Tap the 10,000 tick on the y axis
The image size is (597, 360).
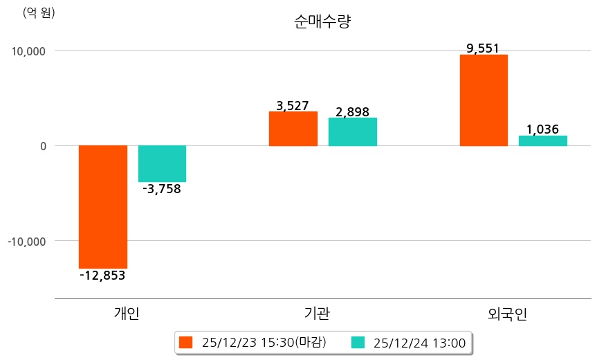[x=26, y=51]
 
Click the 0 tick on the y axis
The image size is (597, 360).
[x=42, y=146]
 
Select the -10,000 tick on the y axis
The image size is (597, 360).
[x=25, y=241]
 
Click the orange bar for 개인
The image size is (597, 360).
[x=102, y=206]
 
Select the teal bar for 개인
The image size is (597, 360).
[x=162, y=163]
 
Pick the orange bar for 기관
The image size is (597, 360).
[x=293, y=129]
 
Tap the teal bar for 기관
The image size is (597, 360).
[x=352, y=132]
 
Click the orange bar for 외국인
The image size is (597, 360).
[x=484, y=100]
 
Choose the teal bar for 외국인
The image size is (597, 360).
[x=543, y=141]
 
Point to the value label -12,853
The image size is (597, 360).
[x=102, y=276]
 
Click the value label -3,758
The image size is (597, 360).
[x=161, y=189]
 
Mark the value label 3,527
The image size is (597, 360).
[x=292, y=106]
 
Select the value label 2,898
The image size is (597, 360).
[x=352, y=111]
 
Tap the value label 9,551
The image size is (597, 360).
[x=483, y=48]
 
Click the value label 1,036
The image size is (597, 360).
[x=542, y=129]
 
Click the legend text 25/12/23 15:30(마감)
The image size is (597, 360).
[x=264, y=342]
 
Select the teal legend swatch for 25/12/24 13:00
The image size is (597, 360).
[x=358, y=342]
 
